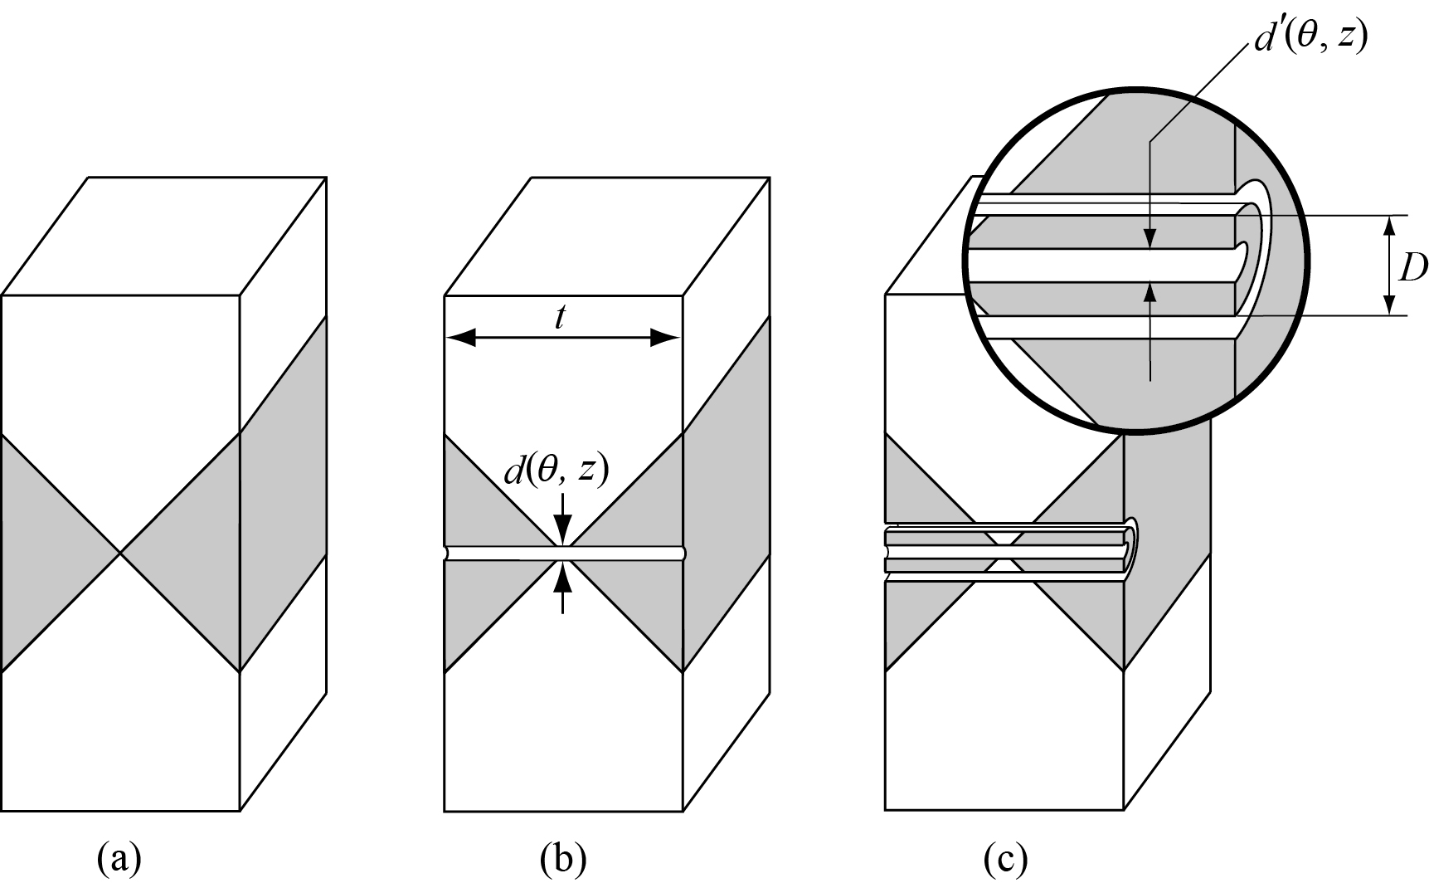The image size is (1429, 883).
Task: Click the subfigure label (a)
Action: pos(119,861)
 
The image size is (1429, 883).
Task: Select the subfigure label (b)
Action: pos(563,861)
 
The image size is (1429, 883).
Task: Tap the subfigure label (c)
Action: pos(1005,861)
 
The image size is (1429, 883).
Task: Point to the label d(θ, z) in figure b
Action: pos(557,471)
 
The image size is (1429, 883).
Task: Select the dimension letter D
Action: pos(1412,267)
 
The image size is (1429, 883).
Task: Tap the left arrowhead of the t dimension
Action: pos(462,338)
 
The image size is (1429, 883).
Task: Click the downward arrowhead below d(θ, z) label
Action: pos(563,527)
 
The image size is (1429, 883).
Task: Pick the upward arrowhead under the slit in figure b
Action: pos(563,577)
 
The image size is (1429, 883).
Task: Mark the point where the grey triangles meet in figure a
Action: pos(121,553)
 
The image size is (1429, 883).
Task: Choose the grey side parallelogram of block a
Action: pos(283,494)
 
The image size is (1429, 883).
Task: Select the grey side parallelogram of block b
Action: pos(727,494)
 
